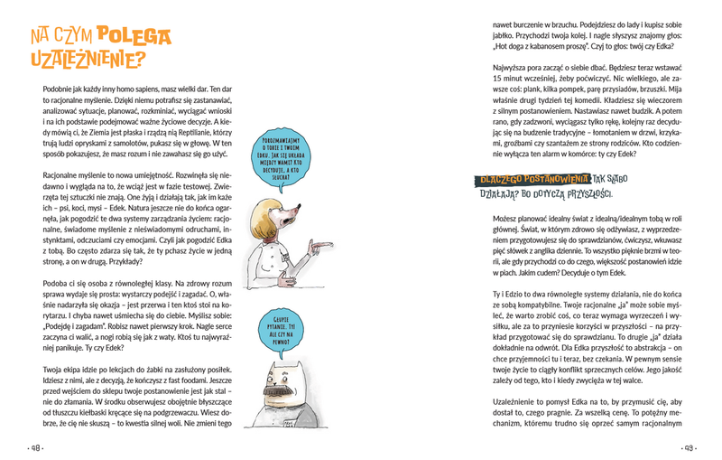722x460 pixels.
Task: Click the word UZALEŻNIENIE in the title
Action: (x=87, y=61)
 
